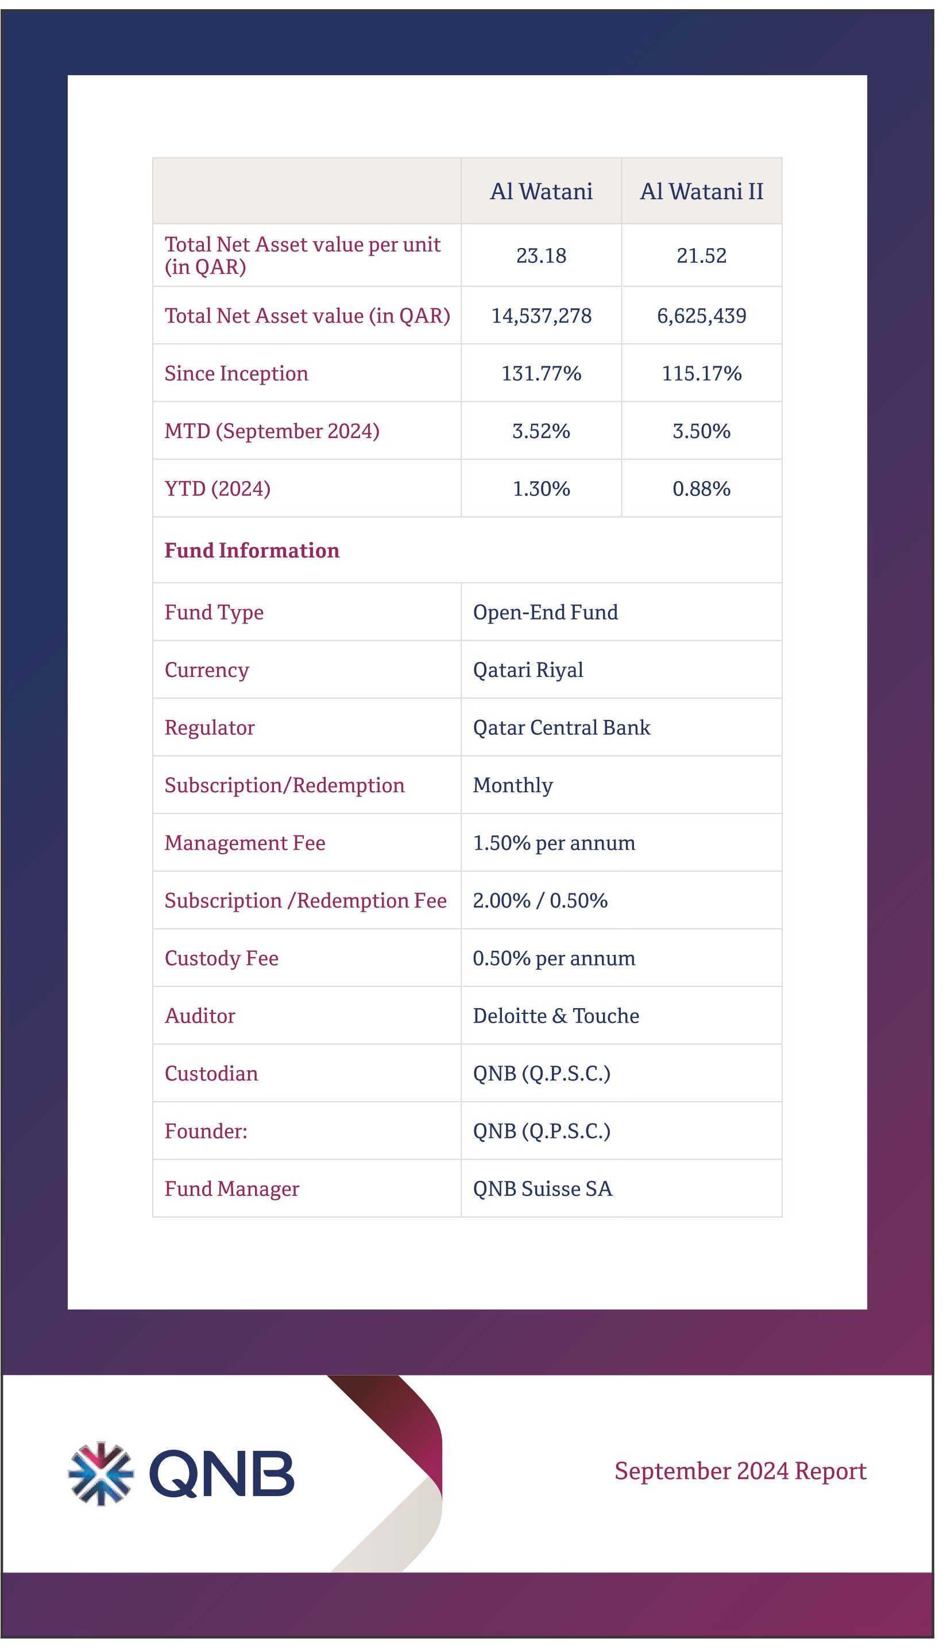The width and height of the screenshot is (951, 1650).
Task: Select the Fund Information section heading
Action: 252,551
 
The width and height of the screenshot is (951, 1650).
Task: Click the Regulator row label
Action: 209,728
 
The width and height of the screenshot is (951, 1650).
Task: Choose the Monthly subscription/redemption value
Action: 513,785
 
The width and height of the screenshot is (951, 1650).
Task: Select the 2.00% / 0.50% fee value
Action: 540,900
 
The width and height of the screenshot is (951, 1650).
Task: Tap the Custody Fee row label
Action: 222,959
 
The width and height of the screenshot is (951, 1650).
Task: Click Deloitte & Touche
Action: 556,1016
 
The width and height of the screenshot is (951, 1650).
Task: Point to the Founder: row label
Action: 206,1131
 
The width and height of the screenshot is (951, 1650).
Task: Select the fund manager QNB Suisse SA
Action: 542,1188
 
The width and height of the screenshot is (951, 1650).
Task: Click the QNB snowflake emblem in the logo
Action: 100,1474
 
